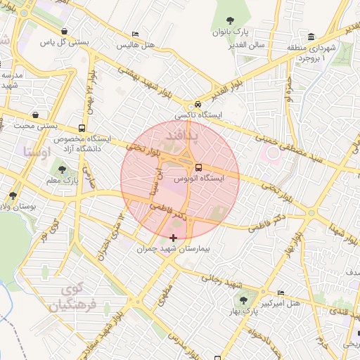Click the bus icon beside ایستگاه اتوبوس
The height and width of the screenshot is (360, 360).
pyautogui.click(x=198, y=168)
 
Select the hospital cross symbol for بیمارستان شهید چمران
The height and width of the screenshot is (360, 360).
pyautogui.click(x=173, y=238)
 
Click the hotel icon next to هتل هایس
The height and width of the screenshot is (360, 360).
pyautogui.click(x=136, y=34)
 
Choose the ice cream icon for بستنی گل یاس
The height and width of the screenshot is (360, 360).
pyautogui.click(x=65, y=32)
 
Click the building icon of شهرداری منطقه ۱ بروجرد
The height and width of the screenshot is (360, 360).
pyautogui.click(x=311, y=37)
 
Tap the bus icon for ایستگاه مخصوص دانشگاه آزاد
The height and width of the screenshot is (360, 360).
pyautogui.click(x=82, y=129)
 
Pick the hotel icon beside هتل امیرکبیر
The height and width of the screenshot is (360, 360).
pyautogui.click(x=281, y=292)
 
